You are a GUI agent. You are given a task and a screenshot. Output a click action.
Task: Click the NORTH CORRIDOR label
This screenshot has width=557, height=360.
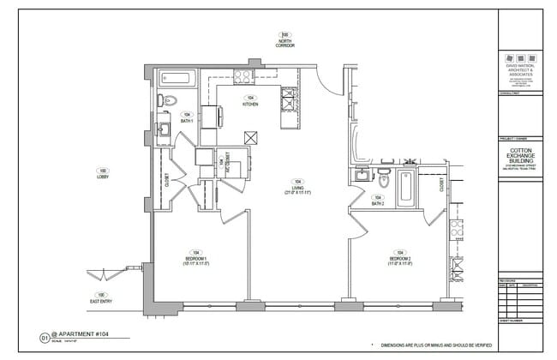[285, 43]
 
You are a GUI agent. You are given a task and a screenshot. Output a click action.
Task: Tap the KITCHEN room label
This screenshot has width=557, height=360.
[250, 104]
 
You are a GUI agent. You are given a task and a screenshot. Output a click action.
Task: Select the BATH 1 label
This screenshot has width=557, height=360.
[186, 121]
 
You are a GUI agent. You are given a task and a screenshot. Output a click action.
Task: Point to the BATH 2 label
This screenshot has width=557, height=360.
[377, 203]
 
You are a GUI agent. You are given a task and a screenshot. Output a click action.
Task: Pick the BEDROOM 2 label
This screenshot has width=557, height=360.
[401, 259]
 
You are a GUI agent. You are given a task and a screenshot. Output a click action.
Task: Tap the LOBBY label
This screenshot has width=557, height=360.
[103, 176]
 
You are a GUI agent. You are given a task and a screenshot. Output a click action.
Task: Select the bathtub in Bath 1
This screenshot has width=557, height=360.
[177, 80]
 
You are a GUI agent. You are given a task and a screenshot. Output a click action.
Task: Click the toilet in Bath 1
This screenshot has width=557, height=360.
[169, 101]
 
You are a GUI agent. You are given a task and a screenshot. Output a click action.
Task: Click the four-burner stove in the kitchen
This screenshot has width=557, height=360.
[243, 76]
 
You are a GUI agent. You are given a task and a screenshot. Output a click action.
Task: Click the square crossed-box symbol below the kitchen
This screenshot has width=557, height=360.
[250, 137]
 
